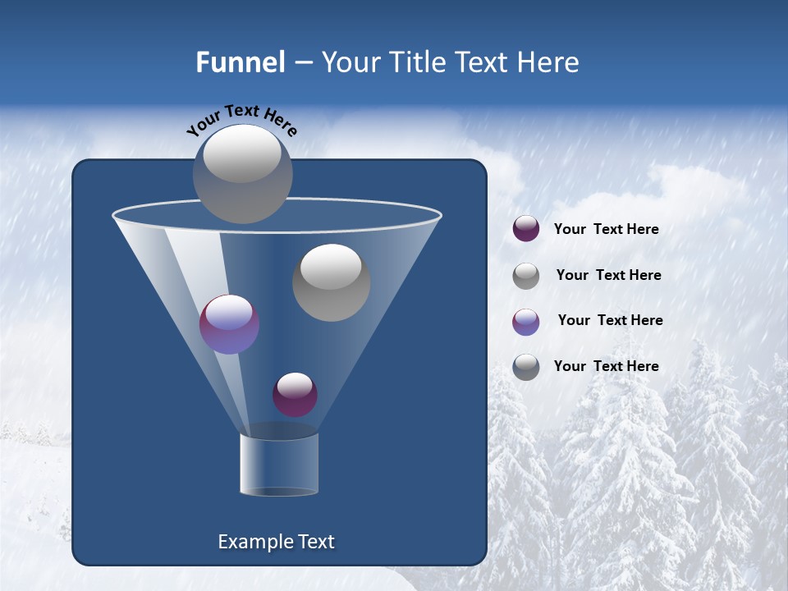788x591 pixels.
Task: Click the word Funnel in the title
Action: pyautogui.click(x=240, y=62)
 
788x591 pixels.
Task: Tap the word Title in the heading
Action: pyautogui.click(x=415, y=62)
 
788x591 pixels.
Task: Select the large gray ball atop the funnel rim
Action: pyautogui.click(x=243, y=173)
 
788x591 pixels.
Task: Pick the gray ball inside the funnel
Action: pyautogui.click(x=331, y=282)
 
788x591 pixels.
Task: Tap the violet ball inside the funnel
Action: pyautogui.click(x=229, y=324)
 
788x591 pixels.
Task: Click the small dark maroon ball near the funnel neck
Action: pyautogui.click(x=295, y=394)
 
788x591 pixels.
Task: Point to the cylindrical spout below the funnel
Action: pyautogui.click(x=279, y=465)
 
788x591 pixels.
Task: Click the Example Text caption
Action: pyautogui.click(x=277, y=542)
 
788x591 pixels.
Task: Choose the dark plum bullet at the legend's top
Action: pyautogui.click(x=526, y=229)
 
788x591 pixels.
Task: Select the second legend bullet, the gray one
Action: pyautogui.click(x=526, y=276)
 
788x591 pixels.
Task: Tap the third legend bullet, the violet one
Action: pyautogui.click(x=526, y=322)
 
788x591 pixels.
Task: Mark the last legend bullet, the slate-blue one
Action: pyautogui.click(x=526, y=367)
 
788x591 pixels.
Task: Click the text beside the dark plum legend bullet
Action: pyautogui.click(x=607, y=230)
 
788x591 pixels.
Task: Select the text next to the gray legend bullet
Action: pyautogui.click(x=609, y=276)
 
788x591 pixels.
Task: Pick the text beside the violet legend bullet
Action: pyautogui.click(x=611, y=321)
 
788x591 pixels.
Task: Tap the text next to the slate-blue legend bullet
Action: pyautogui.click(x=607, y=367)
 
